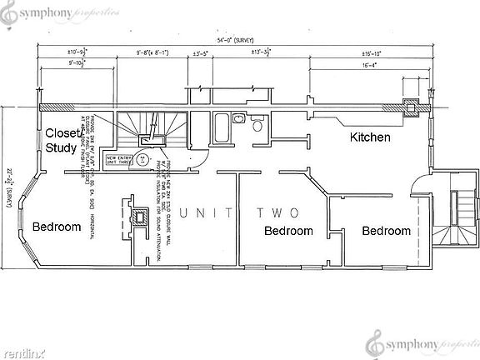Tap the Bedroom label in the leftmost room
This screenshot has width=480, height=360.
tap(57, 227)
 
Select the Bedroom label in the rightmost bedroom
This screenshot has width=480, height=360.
tap(386, 231)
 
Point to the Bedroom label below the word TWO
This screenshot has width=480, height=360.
tap(288, 231)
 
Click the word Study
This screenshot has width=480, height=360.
tap(61, 148)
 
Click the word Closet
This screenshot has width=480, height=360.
tap(62, 133)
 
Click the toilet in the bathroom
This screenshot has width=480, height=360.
tap(257, 126)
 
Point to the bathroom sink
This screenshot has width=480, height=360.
tap(237, 119)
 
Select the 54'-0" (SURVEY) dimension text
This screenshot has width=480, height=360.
tap(235, 39)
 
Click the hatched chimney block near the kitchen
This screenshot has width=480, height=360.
tap(410, 105)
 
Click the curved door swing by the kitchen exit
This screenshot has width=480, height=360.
tap(420, 184)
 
